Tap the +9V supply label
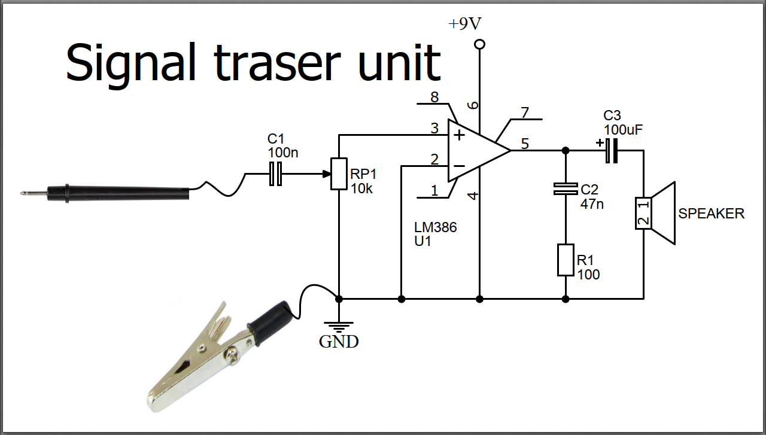[464, 24]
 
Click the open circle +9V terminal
[479, 44]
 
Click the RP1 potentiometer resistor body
[339, 174]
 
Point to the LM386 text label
[435, 228]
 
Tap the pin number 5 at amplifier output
[525, 144]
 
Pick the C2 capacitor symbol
[565, 189]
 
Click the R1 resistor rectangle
[566, 260]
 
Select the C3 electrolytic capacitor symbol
[610, 150]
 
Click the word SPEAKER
[711, 214]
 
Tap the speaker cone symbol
[663, 213]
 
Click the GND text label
[339, 342]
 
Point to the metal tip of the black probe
[25, 193]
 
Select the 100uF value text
[623, 129]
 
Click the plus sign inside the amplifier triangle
[460, 135]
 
